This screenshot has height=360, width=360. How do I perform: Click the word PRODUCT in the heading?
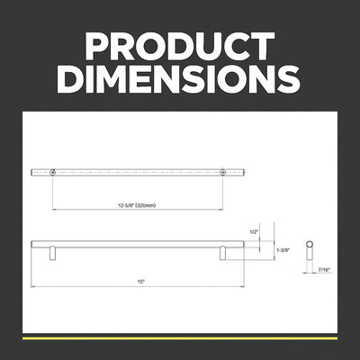(180, 46)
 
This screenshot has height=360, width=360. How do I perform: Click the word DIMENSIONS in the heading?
(179, 79)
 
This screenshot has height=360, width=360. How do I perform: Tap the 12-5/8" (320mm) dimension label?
(137, 205)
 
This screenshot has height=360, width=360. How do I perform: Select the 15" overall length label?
(141, 282)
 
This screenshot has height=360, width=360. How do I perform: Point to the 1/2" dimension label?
(254, 232)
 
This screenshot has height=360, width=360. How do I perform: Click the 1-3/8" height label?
(283, 250)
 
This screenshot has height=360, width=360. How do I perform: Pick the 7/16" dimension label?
(323, 270)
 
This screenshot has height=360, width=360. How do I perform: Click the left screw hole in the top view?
(53, 173)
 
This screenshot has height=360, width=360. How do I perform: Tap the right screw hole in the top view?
(222, 173)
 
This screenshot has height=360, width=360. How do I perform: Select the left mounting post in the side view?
(53, 253)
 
